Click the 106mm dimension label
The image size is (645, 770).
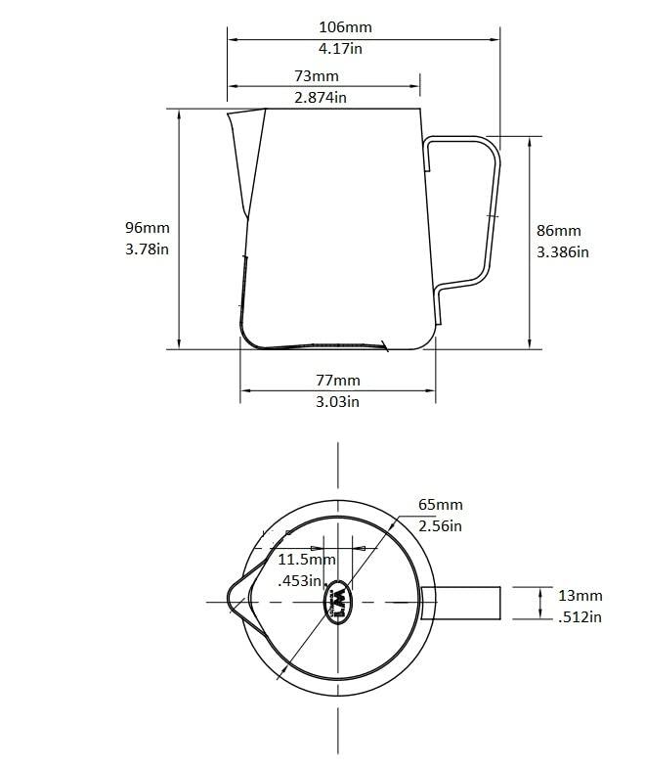pyautogui.click(x=345, y=27)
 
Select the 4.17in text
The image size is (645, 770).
pyautogui.click(x=345, y=47)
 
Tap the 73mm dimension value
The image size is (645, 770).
pyautogui.click(x=317, y=76)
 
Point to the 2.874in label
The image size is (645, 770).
pyautogui.click(x=321, y=96)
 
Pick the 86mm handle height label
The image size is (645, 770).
pyautogui.click(x=559, y=231)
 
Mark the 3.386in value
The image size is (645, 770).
pyautogui.click(x=563, y=251)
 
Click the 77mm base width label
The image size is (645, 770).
pyautogui.click(x=338, y=380)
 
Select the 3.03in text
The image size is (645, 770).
pyautogui.click(x=338, y=400)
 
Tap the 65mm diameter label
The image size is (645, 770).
pyautogui.click(x=440, y=505)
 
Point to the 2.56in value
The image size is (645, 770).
pyautogui.click(x=440, y=525)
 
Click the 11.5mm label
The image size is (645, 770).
pyautogui.click(x=307, y=560)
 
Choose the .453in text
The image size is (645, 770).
pyautogui.click(x=301, y=580)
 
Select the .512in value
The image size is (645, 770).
pyautogui.click(x=580, y=616)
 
